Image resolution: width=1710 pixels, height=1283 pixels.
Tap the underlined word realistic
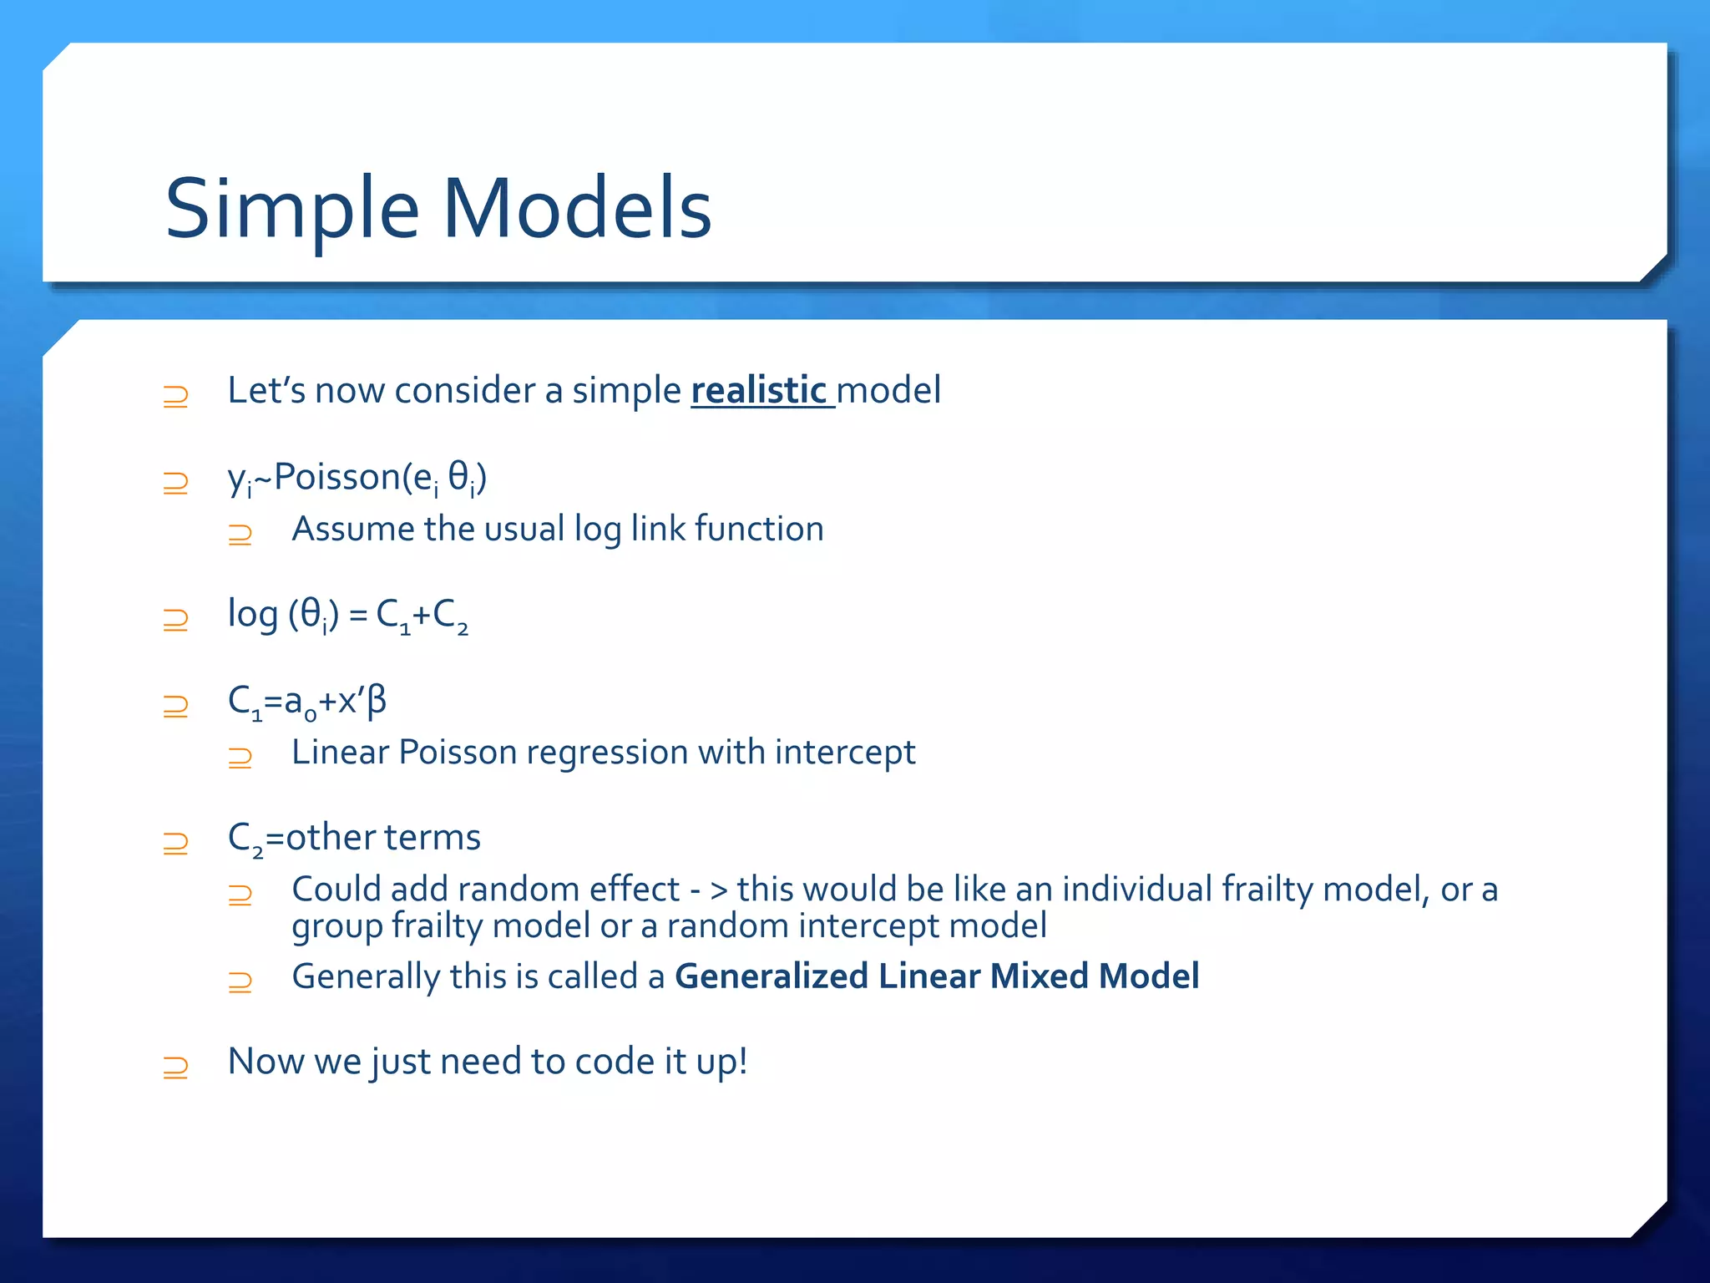pos(758,391)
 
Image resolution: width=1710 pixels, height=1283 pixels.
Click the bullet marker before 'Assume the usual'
pos(240,534)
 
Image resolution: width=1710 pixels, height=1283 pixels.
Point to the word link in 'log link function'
pos(657,530)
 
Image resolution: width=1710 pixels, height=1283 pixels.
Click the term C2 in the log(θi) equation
pos(449,616)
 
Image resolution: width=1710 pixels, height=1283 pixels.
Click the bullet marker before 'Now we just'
pos(175,1067)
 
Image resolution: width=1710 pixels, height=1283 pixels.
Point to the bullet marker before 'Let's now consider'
pos(175,396)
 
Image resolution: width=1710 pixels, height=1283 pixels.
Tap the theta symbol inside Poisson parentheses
pos(458,478)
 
